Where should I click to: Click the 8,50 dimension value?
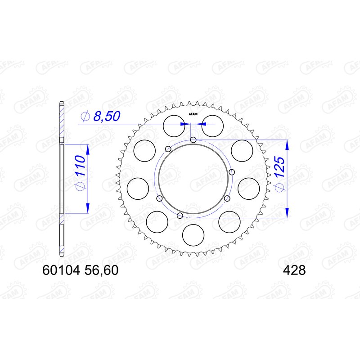click(x=106, y=117)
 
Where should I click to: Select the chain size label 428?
click(x=294, y=270)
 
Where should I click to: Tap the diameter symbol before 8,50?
click(x=84, y=117)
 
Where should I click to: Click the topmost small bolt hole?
click(x=193, y=140)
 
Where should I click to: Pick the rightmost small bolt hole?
click(x=232, y=172)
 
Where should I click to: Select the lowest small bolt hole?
click(x=180, y=216)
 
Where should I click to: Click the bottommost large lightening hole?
click(x=193, y=234)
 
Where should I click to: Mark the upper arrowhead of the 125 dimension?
click(x=287, y=144)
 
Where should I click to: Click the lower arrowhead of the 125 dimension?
click(x=287, y=213)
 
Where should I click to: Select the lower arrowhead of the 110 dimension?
click(x=87, y=208)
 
